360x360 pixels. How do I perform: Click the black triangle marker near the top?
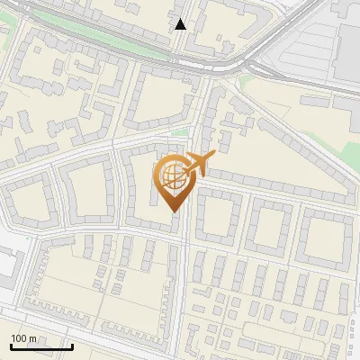click(181, 24)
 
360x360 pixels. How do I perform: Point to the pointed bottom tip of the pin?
click(174, 212)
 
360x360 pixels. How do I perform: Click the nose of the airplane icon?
click(212, 157)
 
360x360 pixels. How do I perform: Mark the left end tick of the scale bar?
click(10, 346)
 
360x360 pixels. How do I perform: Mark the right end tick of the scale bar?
click(72, 346)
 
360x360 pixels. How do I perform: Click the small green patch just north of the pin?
click(181, 134)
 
